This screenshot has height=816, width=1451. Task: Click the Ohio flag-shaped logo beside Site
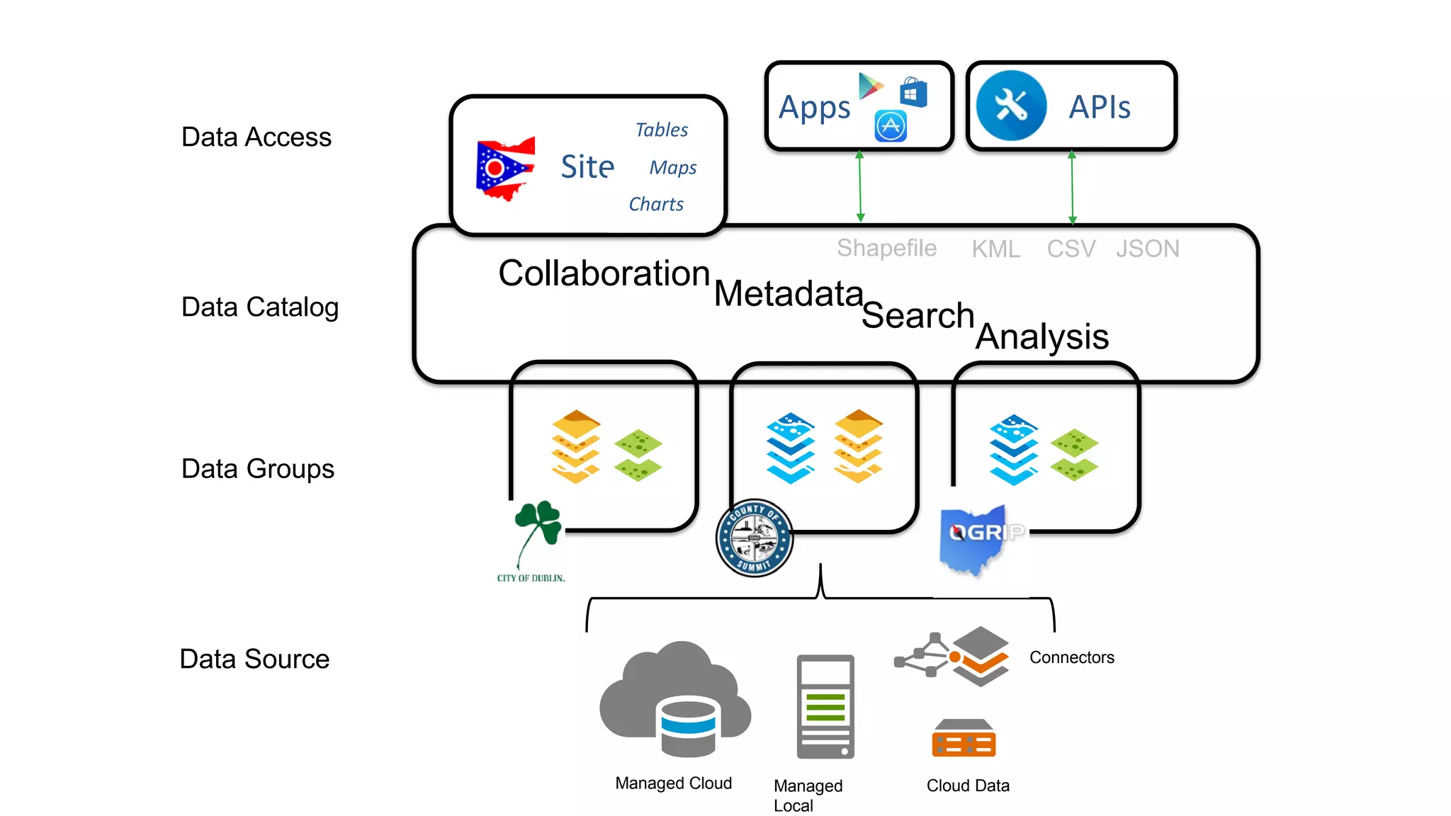(x=504, y=169)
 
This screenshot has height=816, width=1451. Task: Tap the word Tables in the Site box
(x=661, y=130)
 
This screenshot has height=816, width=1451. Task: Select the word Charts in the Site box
(x=656, y=204)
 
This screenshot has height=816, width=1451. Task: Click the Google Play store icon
(x=870, y=86)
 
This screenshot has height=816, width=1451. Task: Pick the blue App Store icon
(x=891, y=126)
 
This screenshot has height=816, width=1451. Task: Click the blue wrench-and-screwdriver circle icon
(x=1011, y=106)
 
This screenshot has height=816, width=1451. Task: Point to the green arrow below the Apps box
(x=860, y=186)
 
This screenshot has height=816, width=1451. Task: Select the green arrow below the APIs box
(x=1072, y=188)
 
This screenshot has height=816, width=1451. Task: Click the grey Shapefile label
(x=886, y=248)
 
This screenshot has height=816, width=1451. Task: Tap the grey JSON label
(x=1147, y=249)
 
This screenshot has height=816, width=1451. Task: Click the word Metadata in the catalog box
(x=788, y=293)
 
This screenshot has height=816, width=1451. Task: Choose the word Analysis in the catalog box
(x=1041, y=336)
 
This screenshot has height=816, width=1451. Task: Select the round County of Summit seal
(x=754, y=538)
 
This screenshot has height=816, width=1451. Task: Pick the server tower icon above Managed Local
(x=825, y=706)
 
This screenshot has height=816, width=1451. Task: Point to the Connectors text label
(x=1071, y=657)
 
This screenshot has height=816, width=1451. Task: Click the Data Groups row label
(x=257, y=469)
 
